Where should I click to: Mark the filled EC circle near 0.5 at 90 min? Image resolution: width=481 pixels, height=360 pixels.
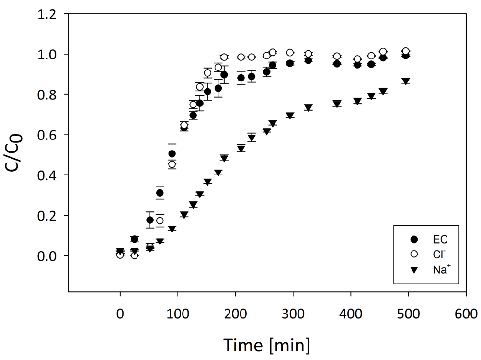[x=172, y=154]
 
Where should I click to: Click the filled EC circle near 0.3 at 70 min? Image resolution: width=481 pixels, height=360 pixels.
[x=160, y=193]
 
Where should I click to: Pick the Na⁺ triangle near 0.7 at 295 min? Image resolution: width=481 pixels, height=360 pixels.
[x=290, y=116]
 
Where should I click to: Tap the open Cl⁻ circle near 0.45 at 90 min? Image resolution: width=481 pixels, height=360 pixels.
[x=172, y=164]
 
